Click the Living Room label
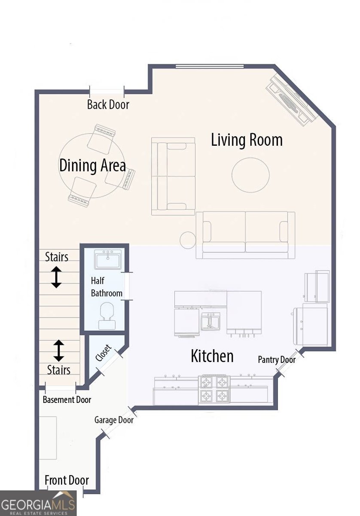tap(247, 140)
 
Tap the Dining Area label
tap(92, 166)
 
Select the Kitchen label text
tap(212, 356)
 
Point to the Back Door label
tap(108, 104)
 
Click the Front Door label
tap(67, 480)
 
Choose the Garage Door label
tap(114, 420)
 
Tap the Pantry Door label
tap(277, 359)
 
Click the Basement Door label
tap(67, 399)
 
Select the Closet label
tap(104, 353)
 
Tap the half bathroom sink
tap(109, 261)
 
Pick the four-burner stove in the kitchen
tap(214, 389)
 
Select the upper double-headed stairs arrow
tap(56, 277)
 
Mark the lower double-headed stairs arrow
tap(58, 350)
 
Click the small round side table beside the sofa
tap(187, 240)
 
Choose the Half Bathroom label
tap(107, 287)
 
